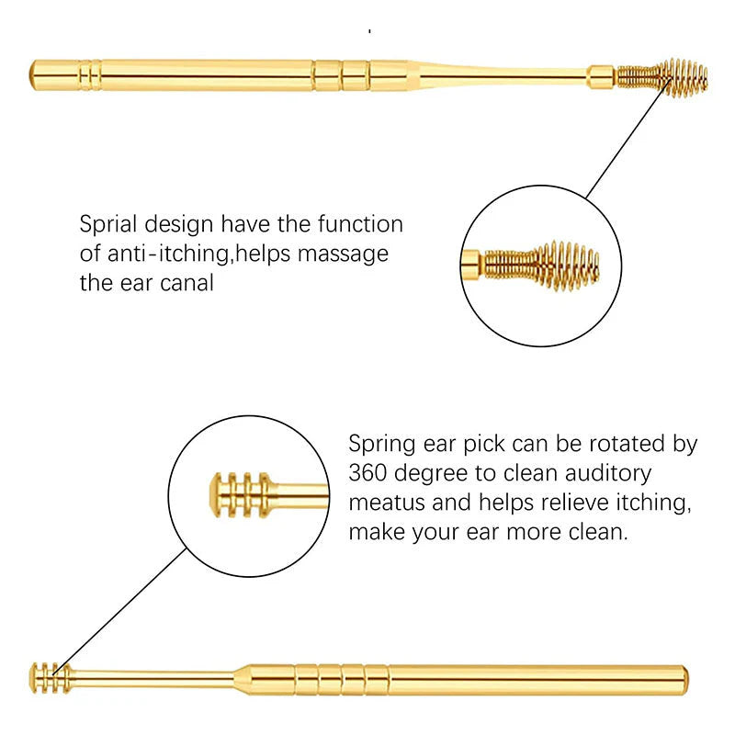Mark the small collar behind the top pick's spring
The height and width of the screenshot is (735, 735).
coord(601,74)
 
